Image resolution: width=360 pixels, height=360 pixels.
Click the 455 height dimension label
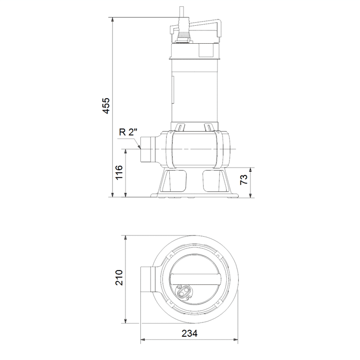106,106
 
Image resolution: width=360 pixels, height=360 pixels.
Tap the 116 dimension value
119,173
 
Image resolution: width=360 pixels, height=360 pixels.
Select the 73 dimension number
244,179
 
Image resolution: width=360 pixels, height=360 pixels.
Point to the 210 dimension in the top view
119,278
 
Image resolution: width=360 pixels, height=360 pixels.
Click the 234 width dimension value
189,333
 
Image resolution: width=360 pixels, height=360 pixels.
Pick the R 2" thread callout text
128,132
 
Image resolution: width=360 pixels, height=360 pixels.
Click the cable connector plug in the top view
184,293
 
